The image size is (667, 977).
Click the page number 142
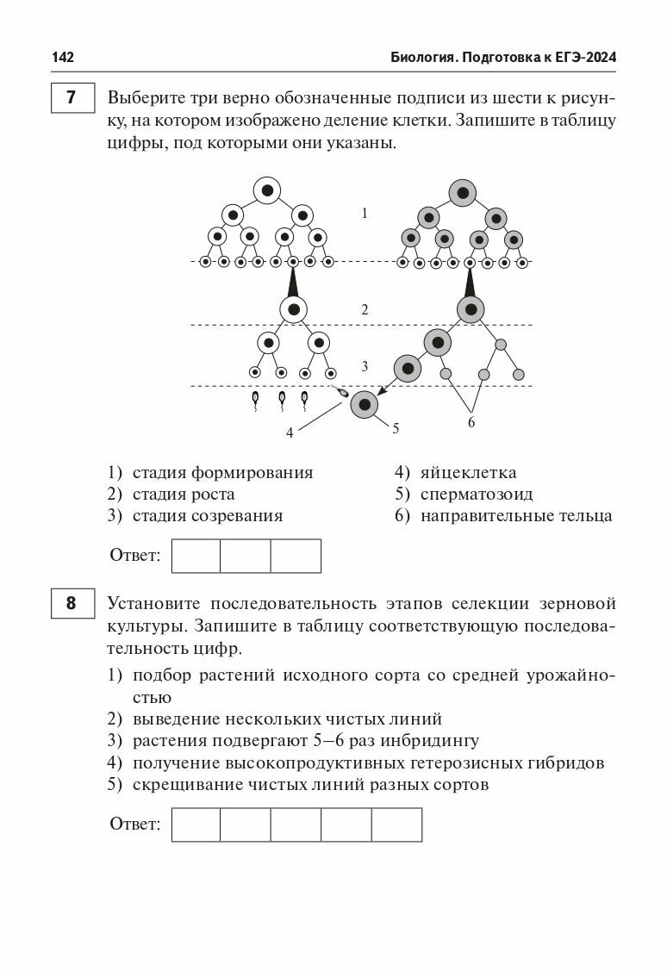63,58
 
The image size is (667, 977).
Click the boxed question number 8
71,603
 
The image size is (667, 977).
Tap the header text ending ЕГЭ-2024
504,58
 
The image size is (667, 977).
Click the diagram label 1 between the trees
365,213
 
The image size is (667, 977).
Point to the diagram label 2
365,309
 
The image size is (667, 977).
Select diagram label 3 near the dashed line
365,366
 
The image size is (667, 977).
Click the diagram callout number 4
290,433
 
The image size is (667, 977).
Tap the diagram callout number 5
396,427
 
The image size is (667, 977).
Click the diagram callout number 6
471,422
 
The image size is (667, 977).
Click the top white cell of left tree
267,190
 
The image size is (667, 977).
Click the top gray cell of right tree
463,191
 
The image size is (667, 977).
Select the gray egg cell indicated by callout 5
365,404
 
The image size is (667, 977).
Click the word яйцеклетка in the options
468,472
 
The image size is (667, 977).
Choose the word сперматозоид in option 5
476,495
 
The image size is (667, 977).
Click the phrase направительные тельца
516,516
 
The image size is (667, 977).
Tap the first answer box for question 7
196,556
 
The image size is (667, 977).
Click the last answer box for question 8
396,825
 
